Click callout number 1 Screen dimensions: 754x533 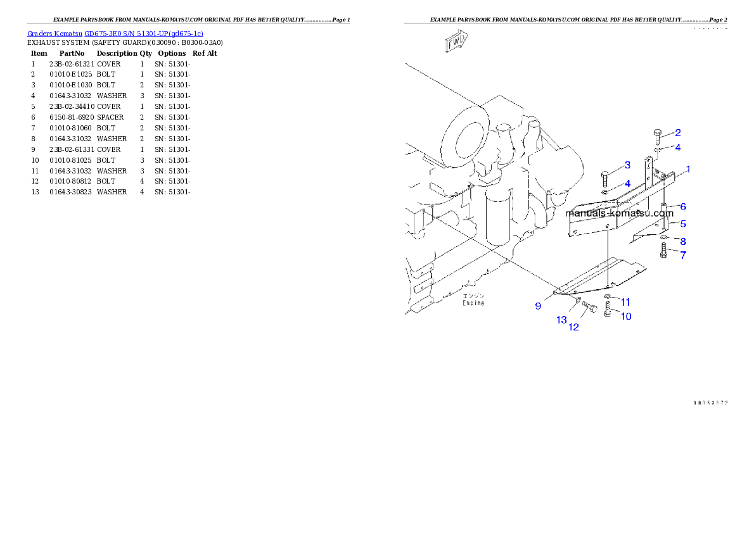click(x=688, y=170)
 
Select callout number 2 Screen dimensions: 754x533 click(x=677, y=133)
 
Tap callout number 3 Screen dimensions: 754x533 click(x=627, y=165)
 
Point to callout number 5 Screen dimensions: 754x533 click(x=683, y=224)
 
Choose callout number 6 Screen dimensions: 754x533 click(x=683, y=207)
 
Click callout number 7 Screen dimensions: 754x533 click(x=683, y=255)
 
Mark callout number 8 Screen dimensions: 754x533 click(x=683, y=241)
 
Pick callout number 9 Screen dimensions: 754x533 click(x=538, y=306)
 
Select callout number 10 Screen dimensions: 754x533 click(x=625, y=317)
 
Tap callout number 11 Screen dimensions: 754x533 click(x=625, y=302)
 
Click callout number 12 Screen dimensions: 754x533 click(x=573, y=327)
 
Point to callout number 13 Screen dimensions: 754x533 click(x=561, y=320)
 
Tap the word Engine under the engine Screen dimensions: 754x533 click(x=473, y=303)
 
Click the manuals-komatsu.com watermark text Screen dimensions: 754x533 click(x=619, y=213)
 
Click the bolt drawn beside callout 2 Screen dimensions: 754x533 click(x=657, y=135)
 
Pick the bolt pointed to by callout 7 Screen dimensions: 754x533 click(x=663, y=250)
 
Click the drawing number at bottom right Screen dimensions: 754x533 click(x=710, y=403)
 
